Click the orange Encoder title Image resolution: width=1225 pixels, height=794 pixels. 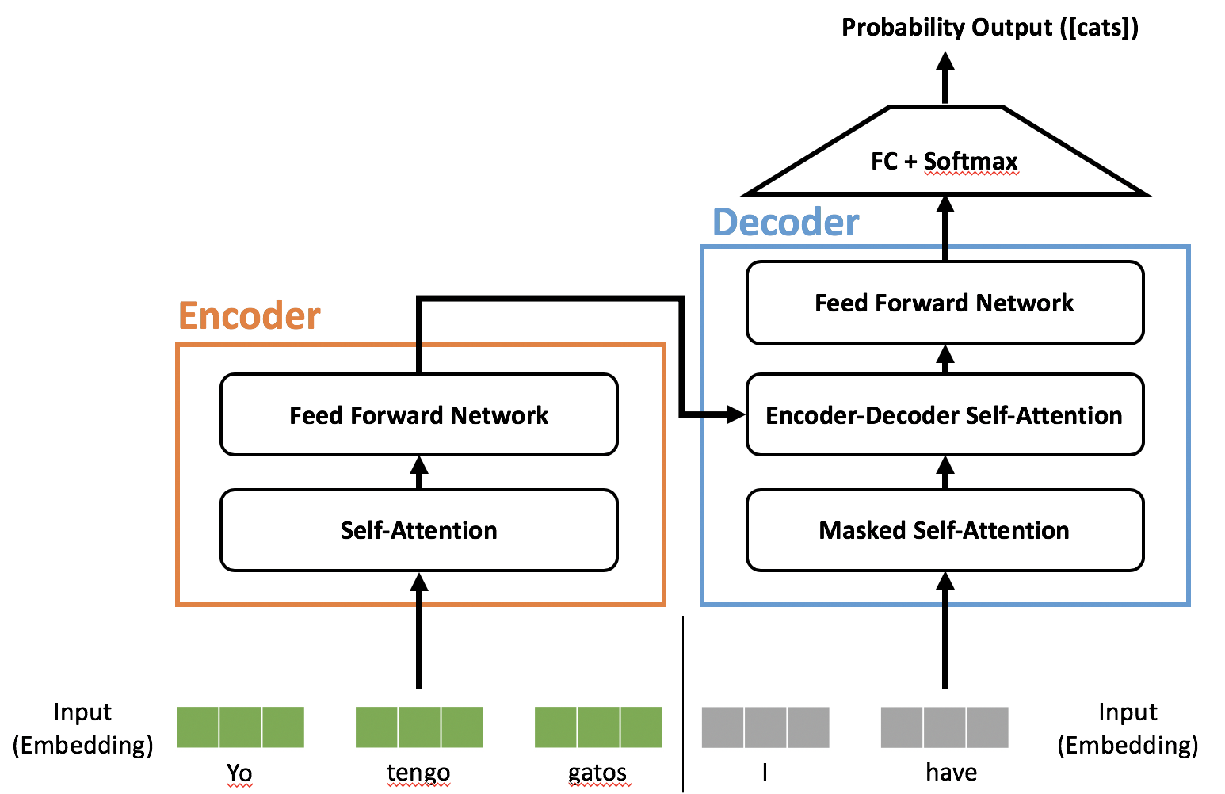tap(250, 315)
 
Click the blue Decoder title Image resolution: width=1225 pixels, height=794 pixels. tap(785, 222)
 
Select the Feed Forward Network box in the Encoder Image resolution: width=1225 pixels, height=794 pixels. tap(418, 414)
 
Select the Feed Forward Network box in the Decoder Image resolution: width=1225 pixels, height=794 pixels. tap(945, 303)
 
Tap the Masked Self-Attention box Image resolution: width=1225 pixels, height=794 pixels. tap(945, 530)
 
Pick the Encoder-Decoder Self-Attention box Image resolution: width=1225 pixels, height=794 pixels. tap(945, 415)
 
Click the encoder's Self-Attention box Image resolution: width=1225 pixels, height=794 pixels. tap(418, 530)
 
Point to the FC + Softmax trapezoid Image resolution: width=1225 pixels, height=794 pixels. tap(945, 161)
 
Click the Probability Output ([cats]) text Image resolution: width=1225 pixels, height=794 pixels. tap(990, 28)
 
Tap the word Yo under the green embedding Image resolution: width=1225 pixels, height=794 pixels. tap(239, 773)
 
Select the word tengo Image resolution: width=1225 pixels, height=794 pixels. tap(418, 773)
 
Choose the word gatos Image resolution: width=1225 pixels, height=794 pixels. tap(597, 773)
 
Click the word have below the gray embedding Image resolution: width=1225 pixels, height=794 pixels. tap(951, 773)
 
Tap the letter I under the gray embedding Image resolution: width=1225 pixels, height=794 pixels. tap(765, 773)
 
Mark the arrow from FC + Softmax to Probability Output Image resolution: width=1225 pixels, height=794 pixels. tap(945, 78)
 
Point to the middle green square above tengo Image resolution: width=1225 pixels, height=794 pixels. tap(419, 727)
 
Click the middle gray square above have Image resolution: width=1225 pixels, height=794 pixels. tap(945, 727)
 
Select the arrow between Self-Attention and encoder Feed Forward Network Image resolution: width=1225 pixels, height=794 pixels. tap(419, 472)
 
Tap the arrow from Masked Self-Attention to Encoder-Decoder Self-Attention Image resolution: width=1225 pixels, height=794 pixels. tap(945, 472)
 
